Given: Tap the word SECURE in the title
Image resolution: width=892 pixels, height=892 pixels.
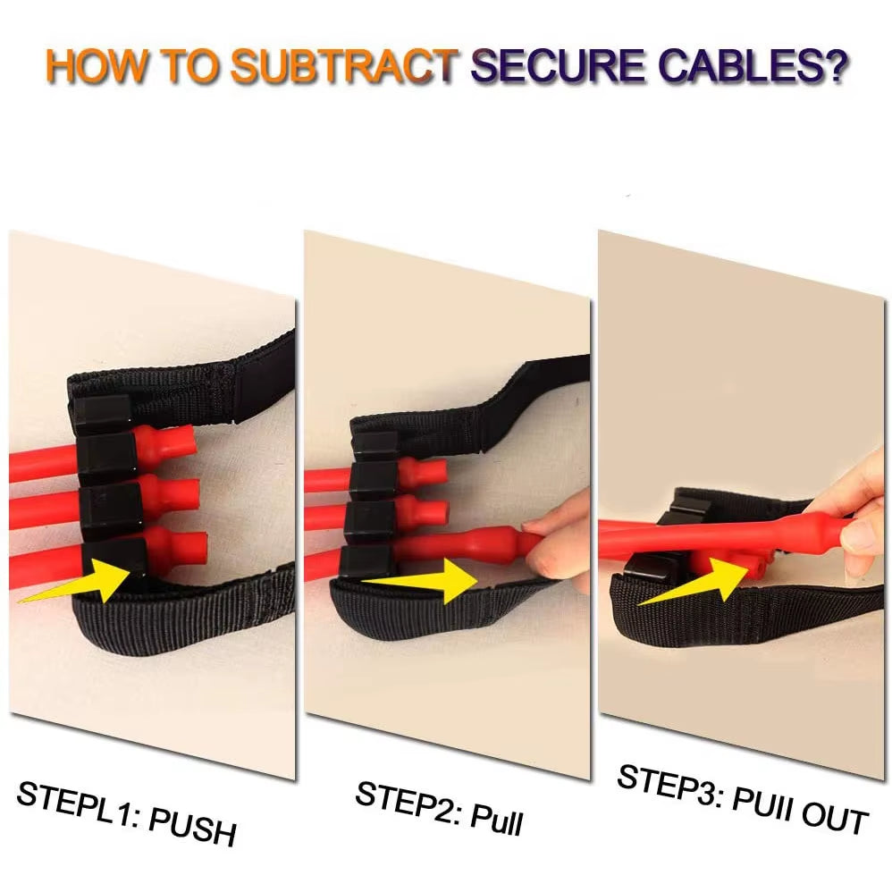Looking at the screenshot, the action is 558,65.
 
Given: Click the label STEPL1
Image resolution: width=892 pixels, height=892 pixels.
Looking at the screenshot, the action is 76,801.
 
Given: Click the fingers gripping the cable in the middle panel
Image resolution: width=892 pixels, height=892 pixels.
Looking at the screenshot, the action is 558,541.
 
